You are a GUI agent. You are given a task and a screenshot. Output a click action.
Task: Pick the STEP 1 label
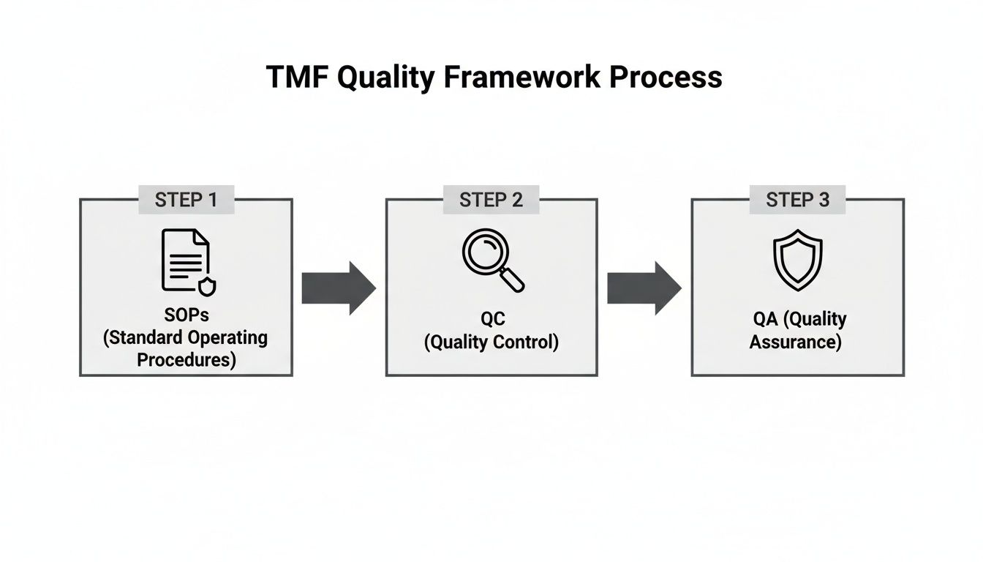coord(186,200)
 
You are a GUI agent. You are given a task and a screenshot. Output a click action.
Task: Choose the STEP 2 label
coord(491,200)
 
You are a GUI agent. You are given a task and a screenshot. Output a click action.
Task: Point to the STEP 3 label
coord(797,200)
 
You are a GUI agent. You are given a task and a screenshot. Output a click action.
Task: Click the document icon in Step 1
coord(185,261)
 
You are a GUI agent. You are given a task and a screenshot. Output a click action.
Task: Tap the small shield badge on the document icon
coord(208,286)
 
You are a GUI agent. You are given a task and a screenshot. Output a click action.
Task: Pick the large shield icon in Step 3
coord(797,261)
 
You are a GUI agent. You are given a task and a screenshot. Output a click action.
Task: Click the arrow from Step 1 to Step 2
coord(339,288)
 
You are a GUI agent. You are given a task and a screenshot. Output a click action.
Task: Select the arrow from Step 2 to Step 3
coord(644,288)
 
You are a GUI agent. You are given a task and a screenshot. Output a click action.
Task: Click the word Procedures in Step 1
coord(187,359)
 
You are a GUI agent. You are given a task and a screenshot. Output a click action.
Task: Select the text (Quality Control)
coord(491,342)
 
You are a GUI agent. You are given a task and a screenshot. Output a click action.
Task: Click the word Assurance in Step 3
coord(795,341)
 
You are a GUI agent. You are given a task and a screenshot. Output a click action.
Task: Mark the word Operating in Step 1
coord(227,339)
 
